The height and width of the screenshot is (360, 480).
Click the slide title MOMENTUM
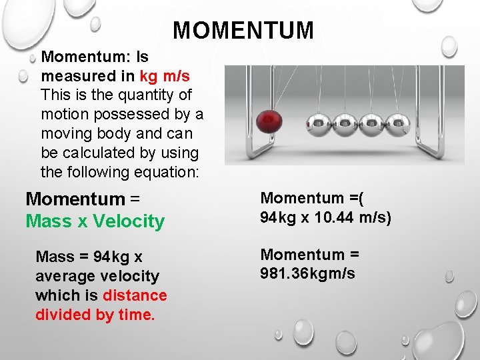coord(243,30)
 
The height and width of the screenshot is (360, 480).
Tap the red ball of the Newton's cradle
coord(269,121)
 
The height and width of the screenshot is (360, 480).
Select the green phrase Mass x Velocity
coord(95,221)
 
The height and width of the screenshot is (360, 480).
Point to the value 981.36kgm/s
coord(307,273)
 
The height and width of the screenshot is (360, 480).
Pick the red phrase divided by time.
coord(95,314)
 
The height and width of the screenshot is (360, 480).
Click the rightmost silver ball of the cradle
coord(398,123)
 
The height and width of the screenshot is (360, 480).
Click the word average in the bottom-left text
coord(64,275)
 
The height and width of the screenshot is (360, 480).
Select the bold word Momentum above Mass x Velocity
coord(75,199)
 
